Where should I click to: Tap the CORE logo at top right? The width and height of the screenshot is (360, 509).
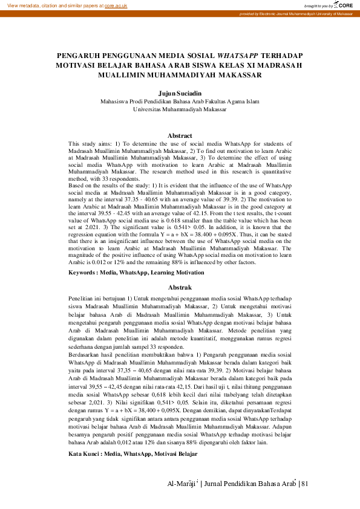(342, 5)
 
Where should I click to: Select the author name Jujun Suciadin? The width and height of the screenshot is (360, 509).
(180, 94)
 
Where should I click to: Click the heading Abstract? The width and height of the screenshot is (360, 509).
(180, 135)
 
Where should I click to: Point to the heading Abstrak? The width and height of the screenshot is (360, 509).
(180, 288)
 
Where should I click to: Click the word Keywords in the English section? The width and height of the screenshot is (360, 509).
(82, 273)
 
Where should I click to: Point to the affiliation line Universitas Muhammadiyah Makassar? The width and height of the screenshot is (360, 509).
(180, 110)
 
